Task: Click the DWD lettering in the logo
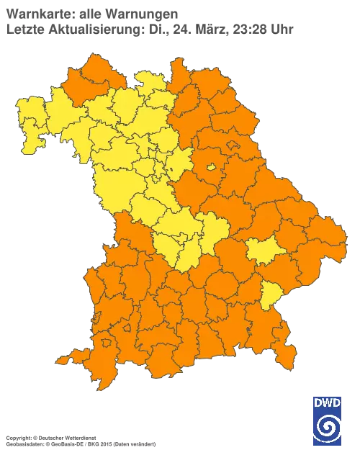(327, 402)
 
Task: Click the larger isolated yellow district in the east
(266, 252)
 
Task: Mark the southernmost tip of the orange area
(105, 387)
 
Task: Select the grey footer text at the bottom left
(79, 437)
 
